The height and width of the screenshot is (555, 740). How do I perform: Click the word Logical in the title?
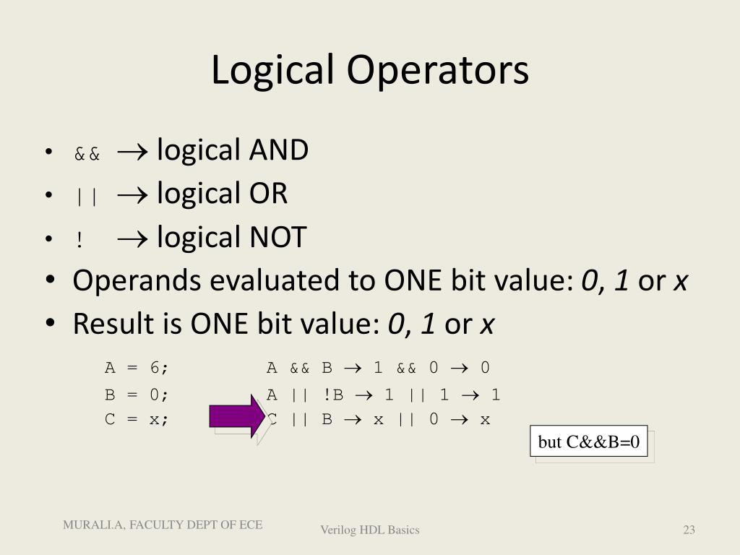(273, 71)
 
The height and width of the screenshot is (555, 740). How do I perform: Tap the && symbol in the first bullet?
(87, 154)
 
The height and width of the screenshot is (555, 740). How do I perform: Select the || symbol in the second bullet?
(86, 197)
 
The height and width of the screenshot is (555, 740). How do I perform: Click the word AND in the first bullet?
(279, 150)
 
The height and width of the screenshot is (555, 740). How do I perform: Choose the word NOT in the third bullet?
(277, 237)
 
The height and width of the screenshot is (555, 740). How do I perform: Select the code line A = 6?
(137, 368)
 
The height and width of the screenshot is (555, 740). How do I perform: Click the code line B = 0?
(137, 395)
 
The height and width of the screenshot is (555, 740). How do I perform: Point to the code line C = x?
(137, 419)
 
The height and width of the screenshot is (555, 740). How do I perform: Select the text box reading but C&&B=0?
(589, 442)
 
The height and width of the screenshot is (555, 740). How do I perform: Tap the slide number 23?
(689, 530)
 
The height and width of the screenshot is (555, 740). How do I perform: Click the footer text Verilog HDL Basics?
(370, 530)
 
